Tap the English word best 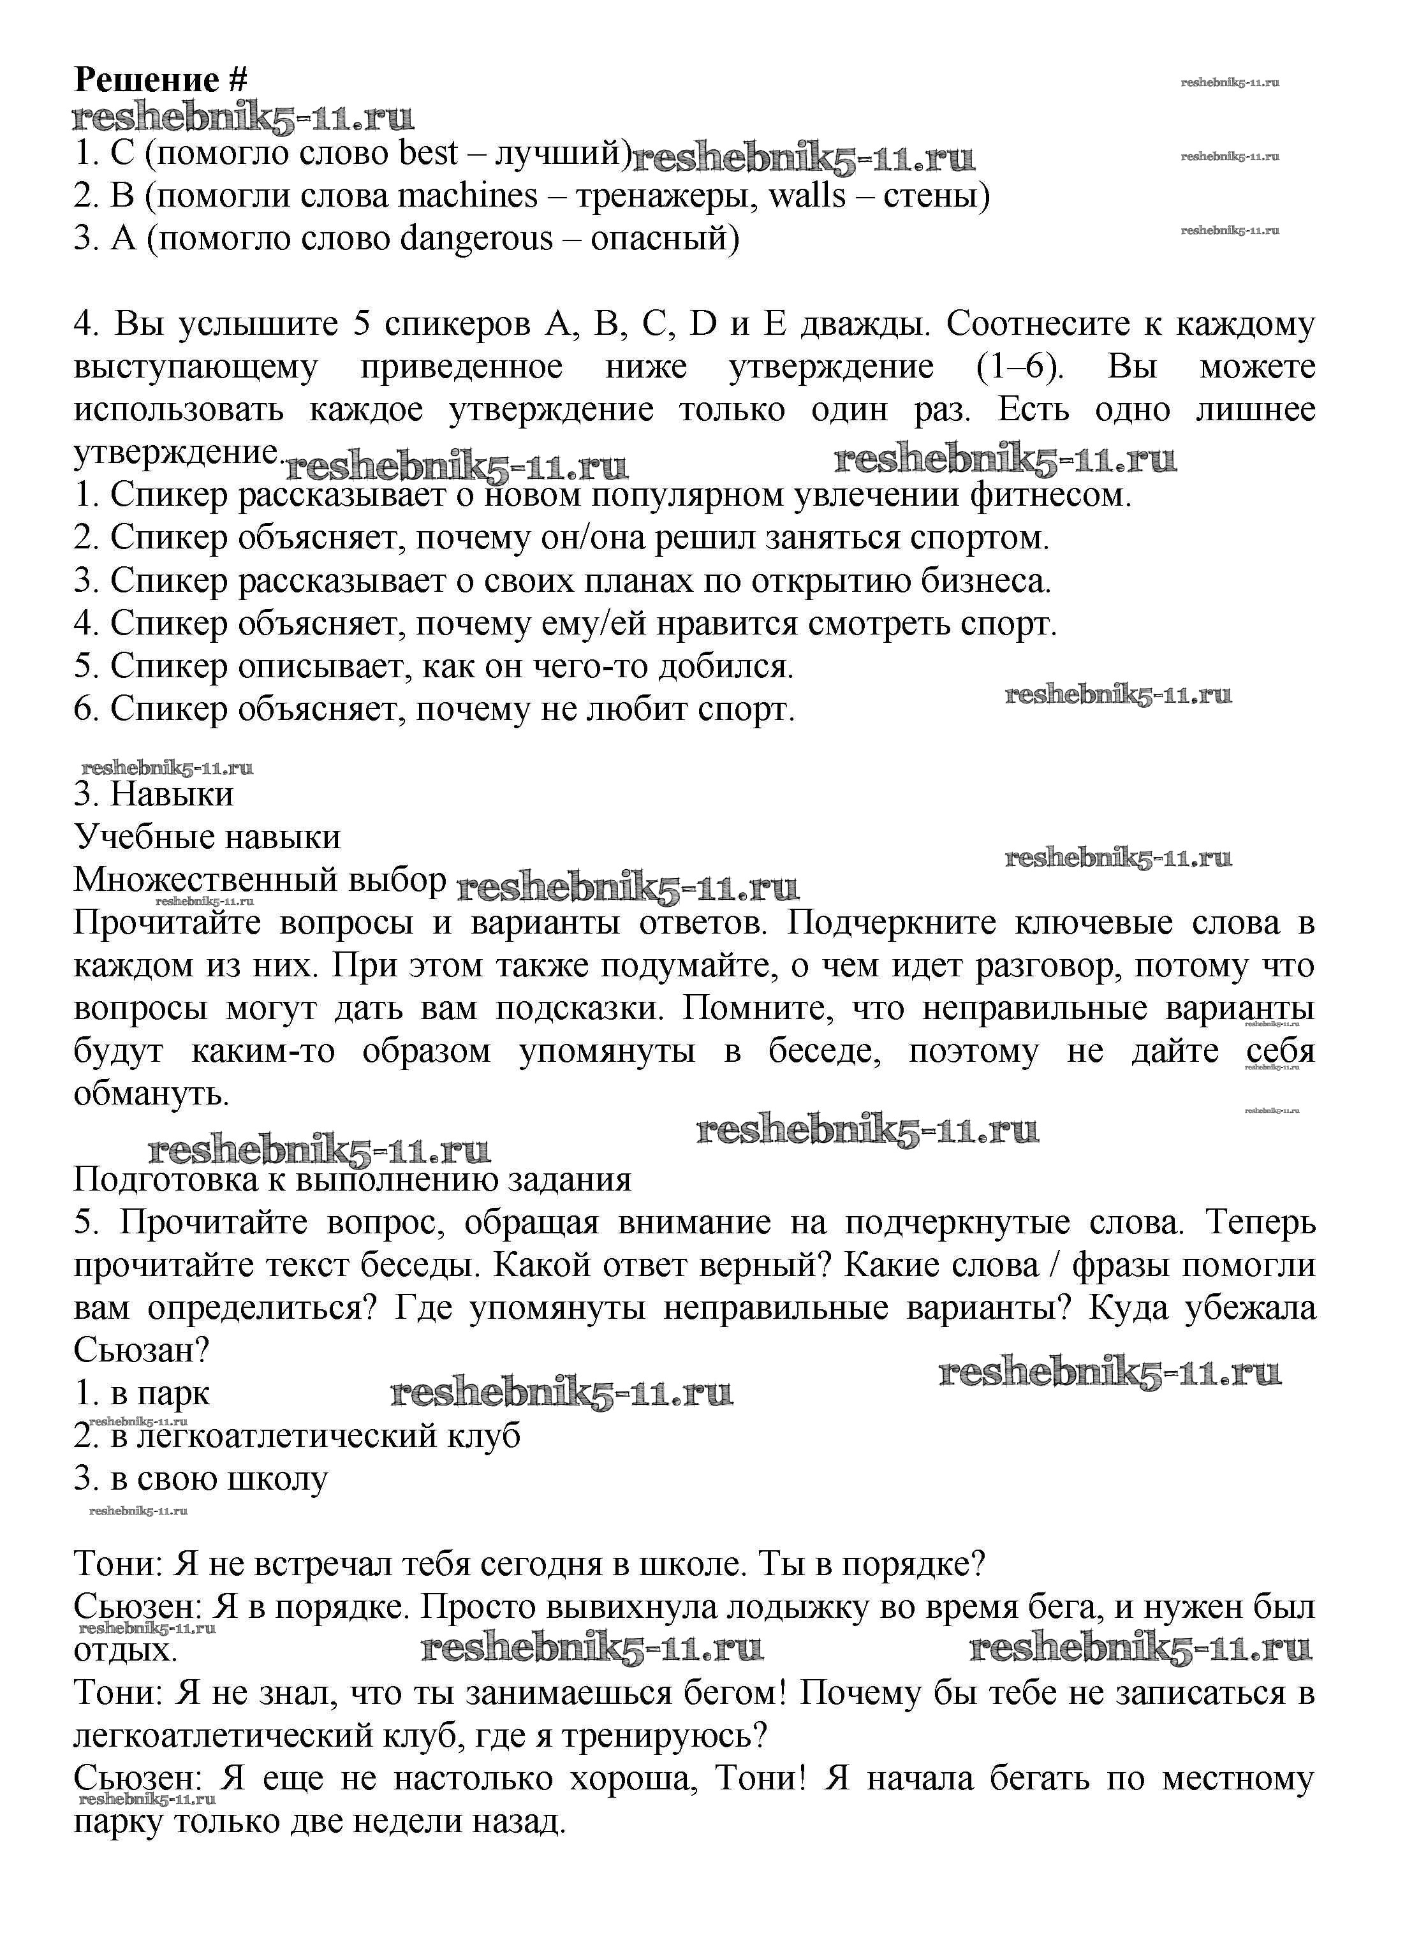tap(429, 153)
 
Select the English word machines tap(467, 196)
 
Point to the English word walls tap(807, 196)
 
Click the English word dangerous tap(476, 238)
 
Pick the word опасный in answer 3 tap(665, 238)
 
